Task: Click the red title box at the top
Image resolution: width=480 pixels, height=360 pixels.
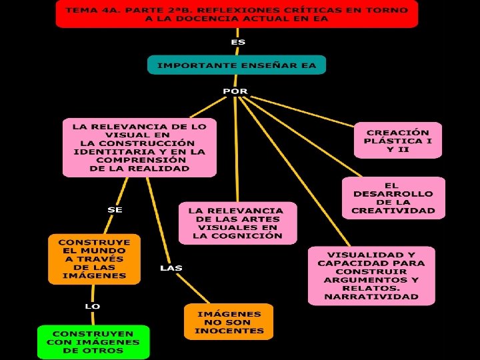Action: [x=237, y=13]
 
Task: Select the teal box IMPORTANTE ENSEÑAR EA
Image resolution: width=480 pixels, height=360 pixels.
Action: [x=237, y=65]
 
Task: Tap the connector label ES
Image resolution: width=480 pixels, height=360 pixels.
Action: [x=238, y=42]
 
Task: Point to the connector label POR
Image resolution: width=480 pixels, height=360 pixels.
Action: [x=235, y=91]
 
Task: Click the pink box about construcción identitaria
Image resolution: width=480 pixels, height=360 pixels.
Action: [x=139, y=147]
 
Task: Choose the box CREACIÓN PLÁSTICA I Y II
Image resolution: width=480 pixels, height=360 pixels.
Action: [x=398, y=140]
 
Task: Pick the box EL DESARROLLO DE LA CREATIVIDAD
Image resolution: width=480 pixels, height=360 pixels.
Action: [x=393, y=198]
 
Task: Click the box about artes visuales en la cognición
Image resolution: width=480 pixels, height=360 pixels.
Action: [x=237, y=223]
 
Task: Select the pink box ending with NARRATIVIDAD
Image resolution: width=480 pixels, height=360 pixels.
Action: [x=371, y=275]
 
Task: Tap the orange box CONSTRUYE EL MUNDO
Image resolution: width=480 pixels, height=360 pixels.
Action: [x=94, y=258]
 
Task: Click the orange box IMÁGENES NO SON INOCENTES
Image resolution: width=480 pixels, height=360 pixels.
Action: [x=229, y=322]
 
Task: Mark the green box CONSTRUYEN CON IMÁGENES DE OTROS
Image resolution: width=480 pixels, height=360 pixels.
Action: [x=93, y=342]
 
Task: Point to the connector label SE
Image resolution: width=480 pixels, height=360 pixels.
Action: [x=115, y=209]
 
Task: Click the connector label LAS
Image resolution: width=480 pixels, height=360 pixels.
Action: [x=171, y=268]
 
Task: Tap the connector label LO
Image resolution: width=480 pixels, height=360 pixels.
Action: [x=93, y=306]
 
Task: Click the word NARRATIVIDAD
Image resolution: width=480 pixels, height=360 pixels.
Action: [x=371, y=297]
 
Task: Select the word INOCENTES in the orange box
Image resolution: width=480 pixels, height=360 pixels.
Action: [x=229, y=331]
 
